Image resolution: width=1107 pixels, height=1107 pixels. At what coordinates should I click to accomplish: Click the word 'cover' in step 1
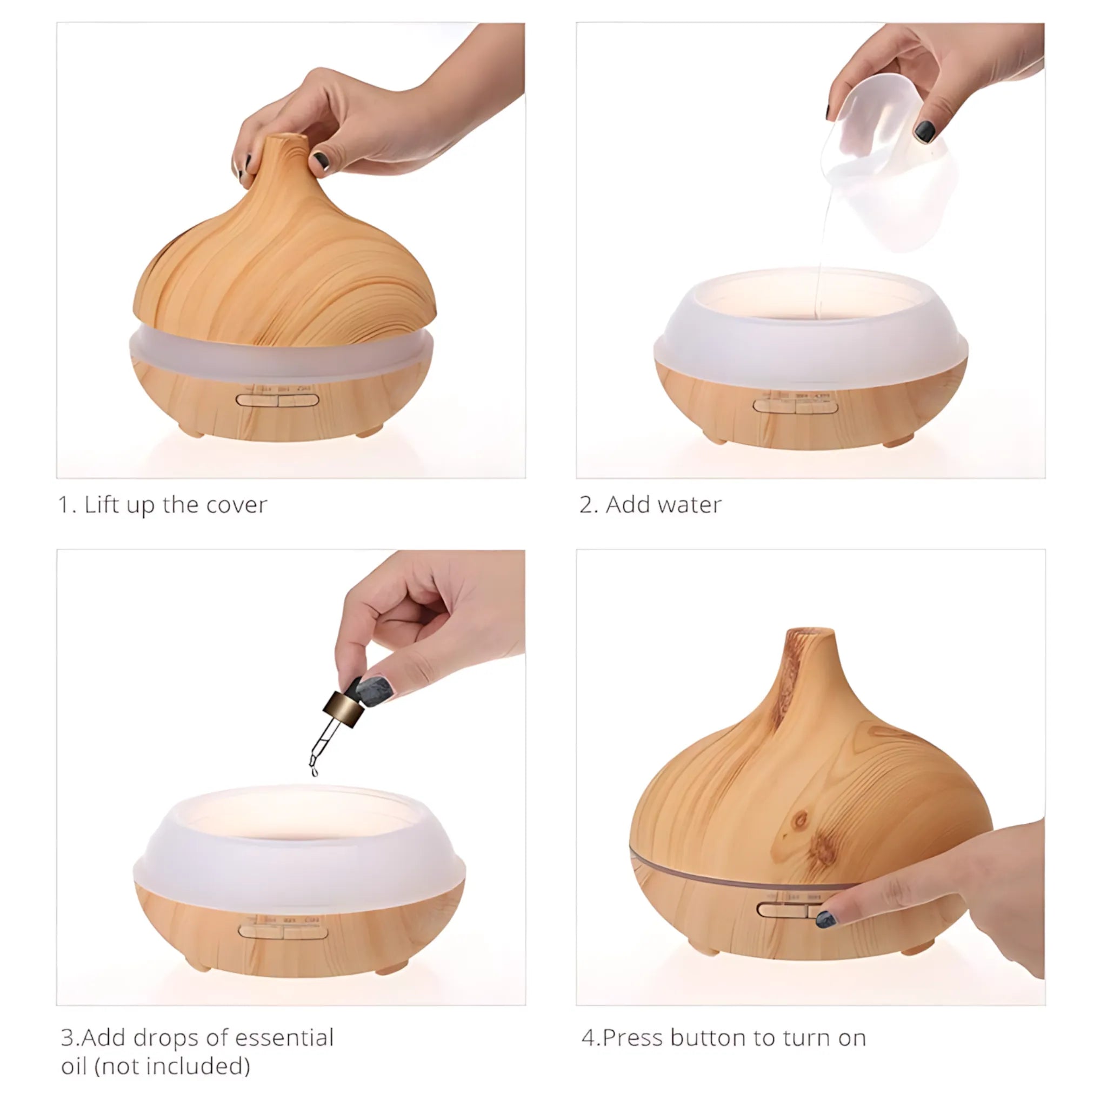pyautogui.click(x=237, y=505)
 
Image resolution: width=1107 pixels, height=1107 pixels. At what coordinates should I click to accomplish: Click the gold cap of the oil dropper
pyautogui.click(x=344, y=709)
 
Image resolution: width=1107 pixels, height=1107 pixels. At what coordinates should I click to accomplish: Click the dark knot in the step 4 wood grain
pyautogui.click(x=800, y=821)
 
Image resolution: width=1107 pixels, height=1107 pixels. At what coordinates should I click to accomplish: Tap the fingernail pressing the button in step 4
pyautogui.click(x=826, y=919)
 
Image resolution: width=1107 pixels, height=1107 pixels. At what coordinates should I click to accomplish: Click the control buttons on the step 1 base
pyautogui.click(x=277, y=400)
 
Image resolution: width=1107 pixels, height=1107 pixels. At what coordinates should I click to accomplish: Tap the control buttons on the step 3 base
pyautogui.click(x=283, y=933)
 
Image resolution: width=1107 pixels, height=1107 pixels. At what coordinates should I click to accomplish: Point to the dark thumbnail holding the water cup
pyautogui.click(x=924, y=131)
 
